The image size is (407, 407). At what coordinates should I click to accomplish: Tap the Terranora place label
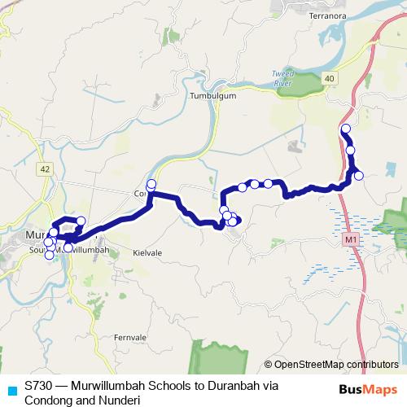coord(328,15)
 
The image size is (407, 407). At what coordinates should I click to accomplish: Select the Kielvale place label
coord(147,253)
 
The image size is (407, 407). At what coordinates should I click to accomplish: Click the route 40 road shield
coord(328,77)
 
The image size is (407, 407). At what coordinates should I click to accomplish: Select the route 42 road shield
coord(45,169)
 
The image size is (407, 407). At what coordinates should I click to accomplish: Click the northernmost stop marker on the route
coord(345,129)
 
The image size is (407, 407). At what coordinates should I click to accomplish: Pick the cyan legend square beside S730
coord(10,389)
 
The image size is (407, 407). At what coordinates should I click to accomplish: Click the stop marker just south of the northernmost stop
coord(351,150)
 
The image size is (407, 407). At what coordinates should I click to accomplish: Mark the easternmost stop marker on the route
coord(358,174)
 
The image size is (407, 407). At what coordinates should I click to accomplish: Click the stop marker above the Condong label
coord(151,183)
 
